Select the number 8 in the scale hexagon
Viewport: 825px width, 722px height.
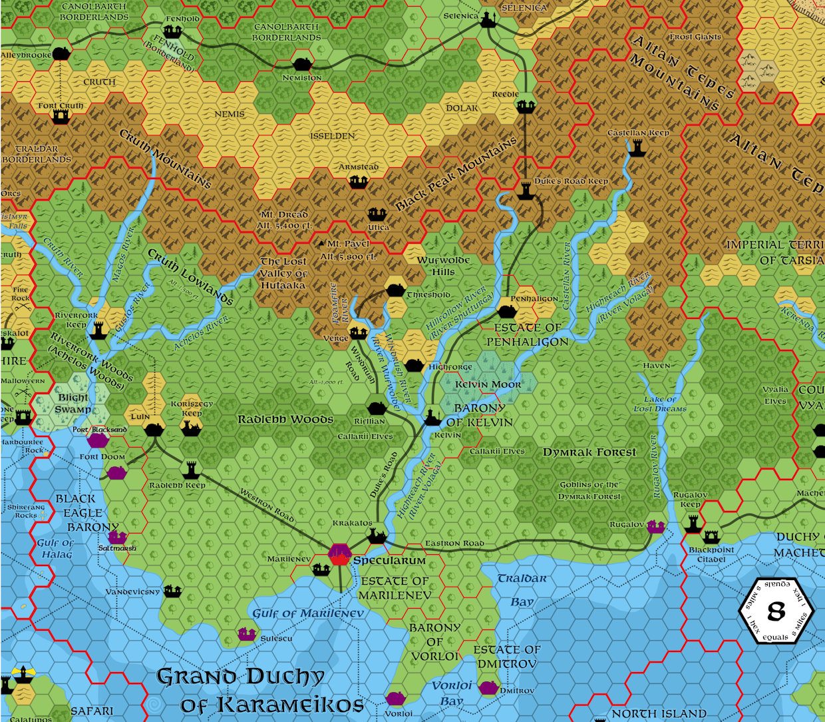pyautogui.click(x=776, y=611)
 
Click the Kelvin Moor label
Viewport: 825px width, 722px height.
pyautogui.click(x=488, y=384)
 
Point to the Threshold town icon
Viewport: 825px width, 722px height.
pyautogui.click(x=395, y=290)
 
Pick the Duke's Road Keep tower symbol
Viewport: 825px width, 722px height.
pyautogui.click(x=526, y=190)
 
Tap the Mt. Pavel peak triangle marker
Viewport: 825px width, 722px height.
pyautogui.click(x=322, y=244)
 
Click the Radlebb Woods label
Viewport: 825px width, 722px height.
pyautogui.click(x=285, y=420)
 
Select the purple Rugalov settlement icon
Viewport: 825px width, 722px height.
pyautogui.click(x=656, y=526)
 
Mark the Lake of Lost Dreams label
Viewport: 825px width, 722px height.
pyautogui.click(x=660, y=404)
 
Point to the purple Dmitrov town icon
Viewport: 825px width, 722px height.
pyautogui.click(x=489, y=687)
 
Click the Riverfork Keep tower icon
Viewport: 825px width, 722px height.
pyautogui.click(x=99, y=330)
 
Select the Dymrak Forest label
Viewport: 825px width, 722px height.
pyautogui.click(x=589, y=452)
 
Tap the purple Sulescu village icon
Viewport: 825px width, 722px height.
pyautogui.click(x=247, y=633)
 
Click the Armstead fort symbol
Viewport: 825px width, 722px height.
pyautogui.click(x=359, y=181)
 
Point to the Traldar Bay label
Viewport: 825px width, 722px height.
pyautogui.click(x=522, y=589)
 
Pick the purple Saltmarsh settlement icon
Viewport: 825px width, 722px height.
pyautogui.click(x=118, y=537)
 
